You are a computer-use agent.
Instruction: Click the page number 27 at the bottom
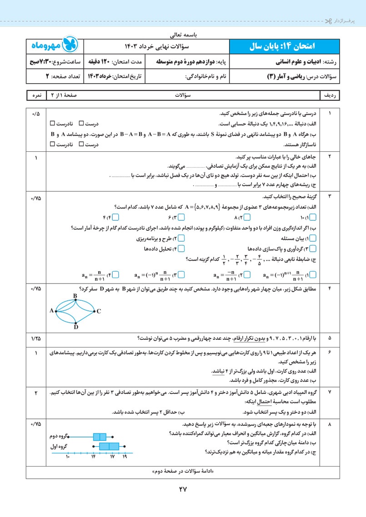[x=183, y=489]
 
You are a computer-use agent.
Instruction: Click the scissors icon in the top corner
[x=328, y=21]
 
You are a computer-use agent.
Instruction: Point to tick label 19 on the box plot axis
[x=125, y=456]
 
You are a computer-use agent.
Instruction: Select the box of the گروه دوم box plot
[x=100, y=437]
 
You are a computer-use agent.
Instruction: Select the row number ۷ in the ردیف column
[x=330, y=392]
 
